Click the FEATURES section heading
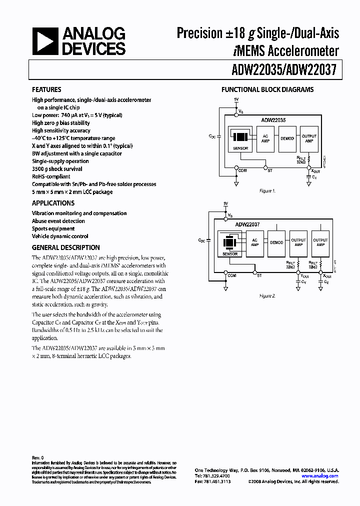(46, 90)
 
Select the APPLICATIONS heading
(53, 203)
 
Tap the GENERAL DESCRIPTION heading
(65, 247)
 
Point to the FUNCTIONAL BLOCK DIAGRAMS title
(267, 90)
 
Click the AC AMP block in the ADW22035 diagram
(265, 139)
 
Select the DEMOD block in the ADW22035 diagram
(287, 139)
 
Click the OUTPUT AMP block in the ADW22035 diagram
(309, 139)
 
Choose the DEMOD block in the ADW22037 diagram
(276, 242)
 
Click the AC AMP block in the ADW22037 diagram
(254, 242)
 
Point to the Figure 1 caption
(267, 191)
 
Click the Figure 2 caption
(267, 296)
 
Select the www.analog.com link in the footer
(320, 476)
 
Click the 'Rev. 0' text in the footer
(38, 457)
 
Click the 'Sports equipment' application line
(54, 228)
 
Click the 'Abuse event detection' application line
(58, 221)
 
